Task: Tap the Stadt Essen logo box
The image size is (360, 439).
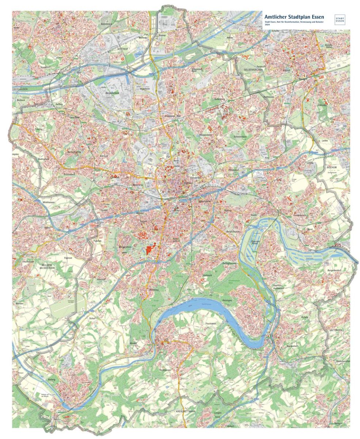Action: pos(340,20)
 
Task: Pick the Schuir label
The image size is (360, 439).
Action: pos(92,318)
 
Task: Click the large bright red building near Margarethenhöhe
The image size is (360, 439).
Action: pos(150,249)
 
